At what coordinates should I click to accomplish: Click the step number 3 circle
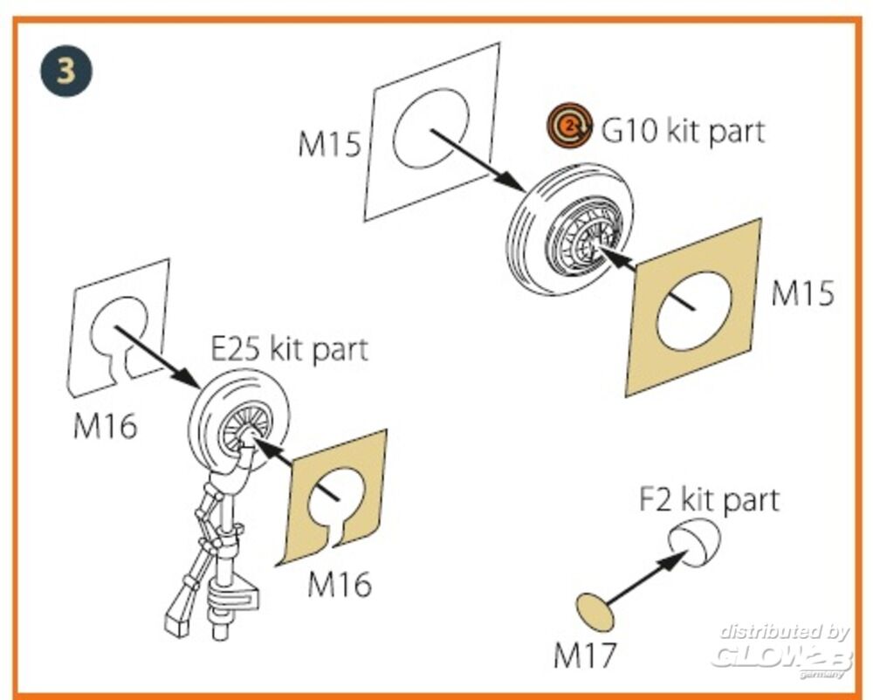tap(66, 70)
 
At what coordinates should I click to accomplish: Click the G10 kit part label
tap(683, 131)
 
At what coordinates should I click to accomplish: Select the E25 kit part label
tap(290, 349)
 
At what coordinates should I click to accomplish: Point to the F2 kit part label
tap(708, 500)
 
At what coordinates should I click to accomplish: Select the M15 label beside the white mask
tap(329, 144)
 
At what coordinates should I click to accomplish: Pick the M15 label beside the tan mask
tap(801, 294)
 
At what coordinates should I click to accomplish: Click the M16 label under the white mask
tap(105, 428)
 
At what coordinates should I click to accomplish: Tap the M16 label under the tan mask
tap(339, 584)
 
